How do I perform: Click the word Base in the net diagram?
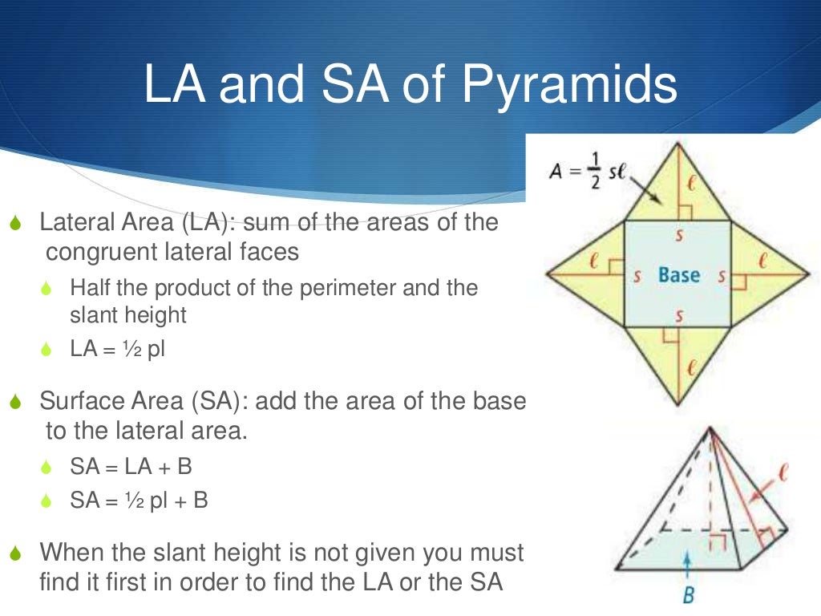[x=679, y=275]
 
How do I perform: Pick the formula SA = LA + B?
[x=131, y=467]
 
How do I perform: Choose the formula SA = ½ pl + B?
[x=139, y=501]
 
